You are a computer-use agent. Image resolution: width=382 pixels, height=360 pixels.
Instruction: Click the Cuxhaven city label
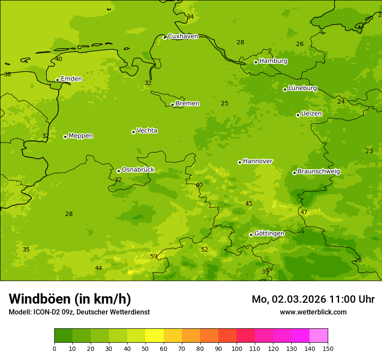[183, 36]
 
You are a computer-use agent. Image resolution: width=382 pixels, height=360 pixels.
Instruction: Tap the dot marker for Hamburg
[256, 62]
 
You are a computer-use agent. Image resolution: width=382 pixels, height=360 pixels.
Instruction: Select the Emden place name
[71, 79]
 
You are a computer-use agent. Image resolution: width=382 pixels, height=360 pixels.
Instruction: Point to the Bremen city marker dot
[172, 105]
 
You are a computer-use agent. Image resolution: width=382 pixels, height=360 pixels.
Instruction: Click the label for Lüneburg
[302, 88]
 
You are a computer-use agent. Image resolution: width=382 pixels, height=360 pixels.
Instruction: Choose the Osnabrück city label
[138, 170]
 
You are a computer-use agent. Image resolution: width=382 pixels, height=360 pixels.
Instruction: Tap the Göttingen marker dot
[251, 235]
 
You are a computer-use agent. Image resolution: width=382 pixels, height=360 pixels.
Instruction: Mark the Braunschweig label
[319, 171]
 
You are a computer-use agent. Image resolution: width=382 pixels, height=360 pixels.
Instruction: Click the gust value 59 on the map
[154, 256]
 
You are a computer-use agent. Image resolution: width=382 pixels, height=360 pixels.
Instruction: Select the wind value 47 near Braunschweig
[304, 212]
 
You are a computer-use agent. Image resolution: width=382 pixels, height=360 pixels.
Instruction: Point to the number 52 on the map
[204, 249]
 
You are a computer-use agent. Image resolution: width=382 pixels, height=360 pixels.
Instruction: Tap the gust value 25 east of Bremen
[224, 103]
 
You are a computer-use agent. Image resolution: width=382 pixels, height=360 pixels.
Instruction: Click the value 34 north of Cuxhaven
[190, 17]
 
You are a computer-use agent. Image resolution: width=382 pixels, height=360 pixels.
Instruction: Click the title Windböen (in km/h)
[69, 299]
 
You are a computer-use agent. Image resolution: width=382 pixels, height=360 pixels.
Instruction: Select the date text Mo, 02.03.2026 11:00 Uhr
[313, 299]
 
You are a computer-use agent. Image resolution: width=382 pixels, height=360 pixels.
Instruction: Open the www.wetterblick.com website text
[313, 312]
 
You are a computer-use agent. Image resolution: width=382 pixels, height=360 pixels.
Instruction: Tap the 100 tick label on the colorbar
[237, 348]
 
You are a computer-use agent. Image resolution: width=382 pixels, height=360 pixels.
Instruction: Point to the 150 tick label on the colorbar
[328, 348]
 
